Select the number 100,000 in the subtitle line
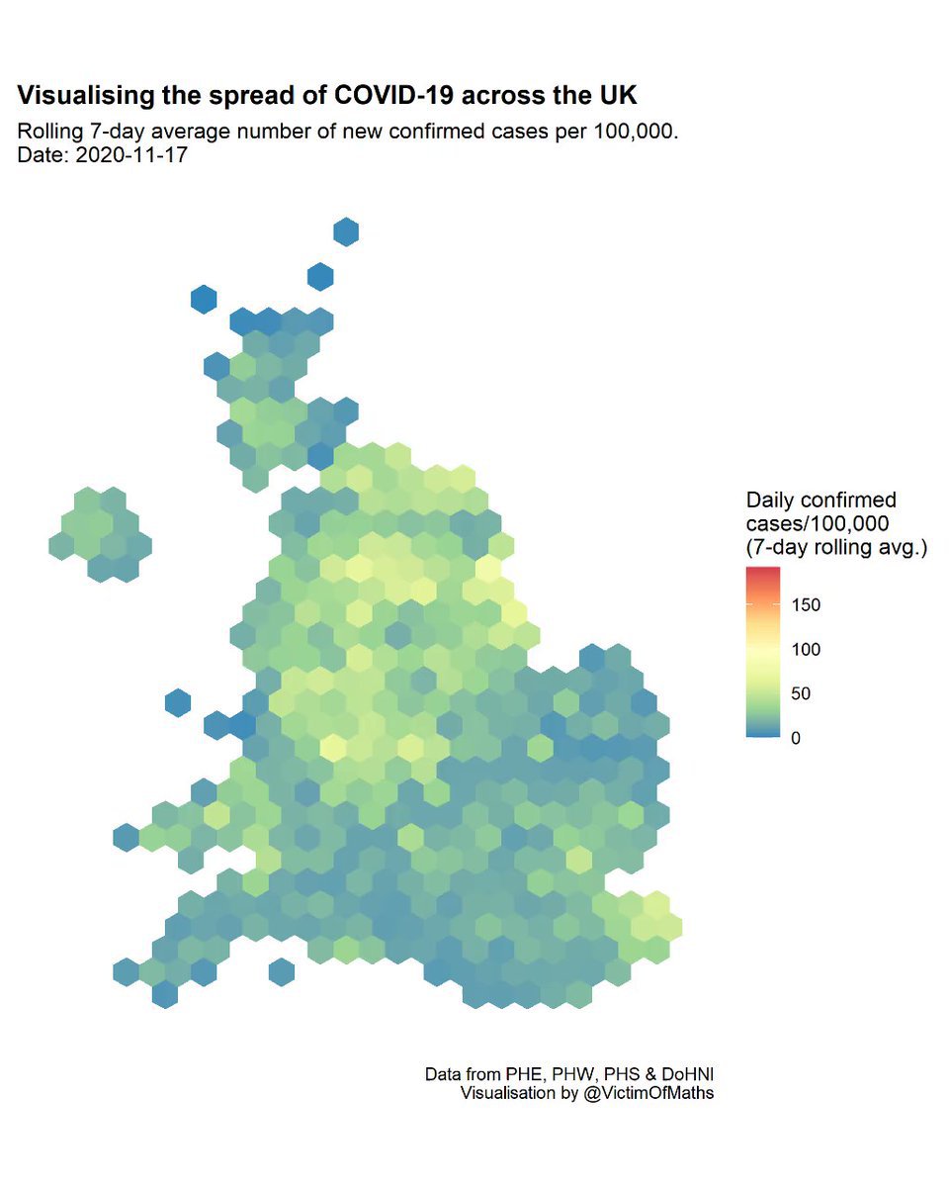(x=635, y=132)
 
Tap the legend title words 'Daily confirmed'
(x=820, y=501)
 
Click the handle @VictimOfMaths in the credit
(x=647, y=1093)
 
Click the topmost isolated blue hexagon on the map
(x=345, y=231)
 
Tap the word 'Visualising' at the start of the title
(x=90, y=96)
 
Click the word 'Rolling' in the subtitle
(x=51, y=132)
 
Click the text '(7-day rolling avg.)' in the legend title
(x=836, y=546)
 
